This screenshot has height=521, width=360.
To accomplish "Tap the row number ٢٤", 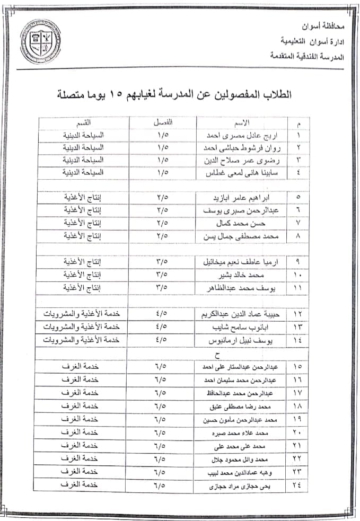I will pos(297,485).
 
